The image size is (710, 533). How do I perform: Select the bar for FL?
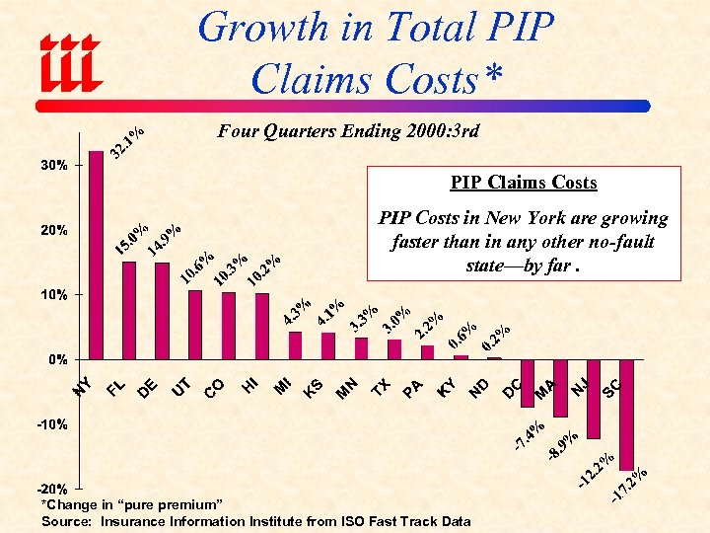pyautogui.click(x=129, y=310)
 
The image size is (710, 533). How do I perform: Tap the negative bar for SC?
pyautogui.click(x=626, y=415)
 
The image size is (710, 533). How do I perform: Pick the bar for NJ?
pyautogui.click(x=594, y=399)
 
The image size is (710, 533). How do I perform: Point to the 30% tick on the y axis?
pyautogui.click(x=54, y=166)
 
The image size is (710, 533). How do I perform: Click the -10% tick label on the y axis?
pyautogui.click(x=52, y=424)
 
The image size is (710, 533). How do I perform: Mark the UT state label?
pyautogui.click(x=181, y=388)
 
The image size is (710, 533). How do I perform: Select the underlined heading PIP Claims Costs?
pyautogui.click(x=524, y=183)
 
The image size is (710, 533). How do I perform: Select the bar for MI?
pyautogui.click(x=295, y=345)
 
